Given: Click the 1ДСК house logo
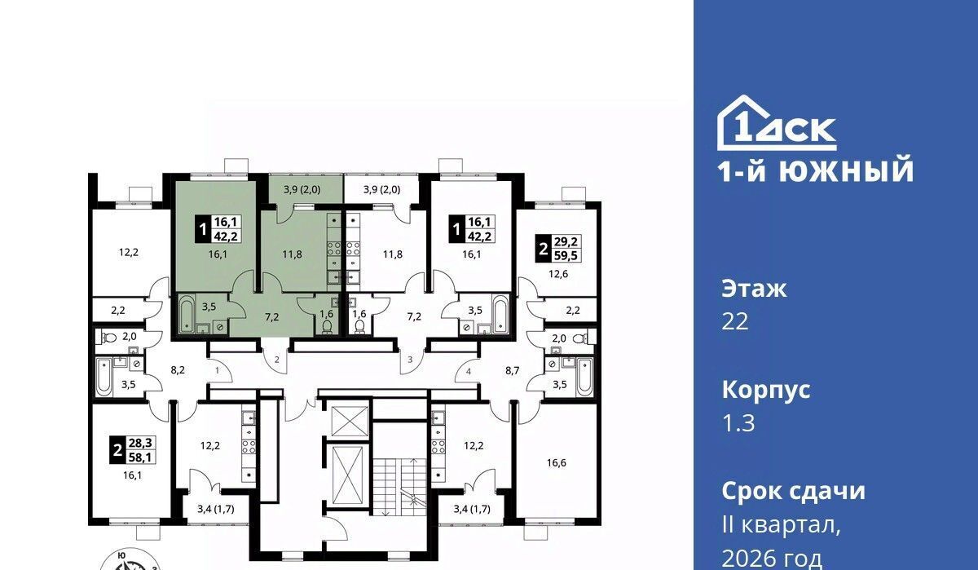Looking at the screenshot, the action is click(x=777, y=123).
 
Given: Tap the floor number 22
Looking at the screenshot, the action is click(x=735, y=322).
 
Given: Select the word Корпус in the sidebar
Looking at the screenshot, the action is click(x=766, y=391).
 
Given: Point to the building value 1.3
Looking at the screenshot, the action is click(x=738, y=422).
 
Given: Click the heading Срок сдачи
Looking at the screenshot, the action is click(x=793, y=491).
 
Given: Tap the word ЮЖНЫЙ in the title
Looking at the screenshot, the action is click(x=847, y=170).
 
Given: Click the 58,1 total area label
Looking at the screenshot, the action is click(x=140, y=457).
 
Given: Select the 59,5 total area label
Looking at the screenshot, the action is click(x=566, y=255).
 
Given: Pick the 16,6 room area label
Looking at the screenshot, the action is click(x=557, y=462).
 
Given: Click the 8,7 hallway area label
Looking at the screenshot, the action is click(x=513, y=370).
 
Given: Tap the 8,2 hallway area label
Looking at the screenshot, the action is click(x=178, y=370).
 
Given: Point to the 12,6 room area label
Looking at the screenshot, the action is click(x=558, y=274).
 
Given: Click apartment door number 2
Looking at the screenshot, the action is click(x=277, y=360).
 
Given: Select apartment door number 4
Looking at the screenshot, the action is click(x=469, y=372).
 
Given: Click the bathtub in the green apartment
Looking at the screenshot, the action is click(x=187, y=314).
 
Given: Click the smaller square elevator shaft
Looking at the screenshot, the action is click(x=350, y=421).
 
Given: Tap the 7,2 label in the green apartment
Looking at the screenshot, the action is click(x=272, y=317).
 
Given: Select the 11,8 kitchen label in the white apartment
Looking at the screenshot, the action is click(x=393, y=254).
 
